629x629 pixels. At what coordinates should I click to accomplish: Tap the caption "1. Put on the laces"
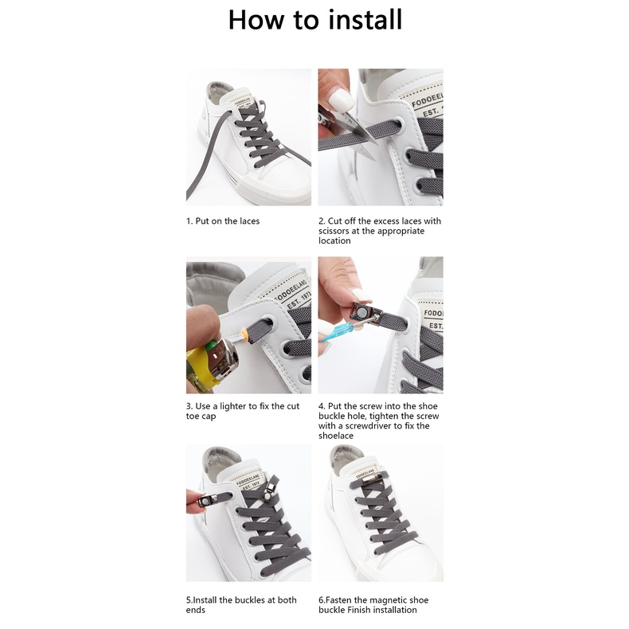tap(223, 221)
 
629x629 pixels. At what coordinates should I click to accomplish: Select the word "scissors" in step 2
tap(334, 231)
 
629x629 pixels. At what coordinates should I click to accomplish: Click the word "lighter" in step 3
tap(233, 406)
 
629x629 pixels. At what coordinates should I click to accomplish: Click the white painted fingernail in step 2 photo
tap(340, 99)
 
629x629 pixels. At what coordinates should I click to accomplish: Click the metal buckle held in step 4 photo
tap(362, 313)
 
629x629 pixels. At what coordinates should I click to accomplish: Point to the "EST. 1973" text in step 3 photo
tap(299, 300)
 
